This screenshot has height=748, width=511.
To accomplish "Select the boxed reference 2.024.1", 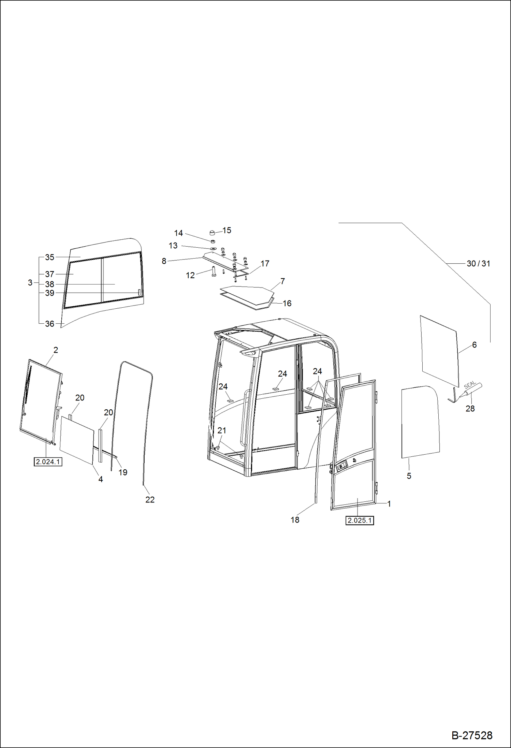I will click(48, 462).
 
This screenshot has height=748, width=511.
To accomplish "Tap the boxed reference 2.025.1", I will click(360, 520).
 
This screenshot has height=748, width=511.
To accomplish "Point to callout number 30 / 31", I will click(478, 264).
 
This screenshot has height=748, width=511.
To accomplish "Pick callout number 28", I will click(470, 408).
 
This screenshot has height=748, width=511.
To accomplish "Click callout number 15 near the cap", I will click(227, 230).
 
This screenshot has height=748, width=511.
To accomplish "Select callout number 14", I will click(178, 233).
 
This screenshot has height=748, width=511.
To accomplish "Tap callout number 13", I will click(173, 246).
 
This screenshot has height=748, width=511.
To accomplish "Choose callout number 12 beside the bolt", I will click(190, 275).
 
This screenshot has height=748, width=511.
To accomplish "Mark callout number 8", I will click(164, 261).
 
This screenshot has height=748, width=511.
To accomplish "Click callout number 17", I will click(265, 263).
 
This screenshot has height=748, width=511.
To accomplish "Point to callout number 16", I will click(287, 303).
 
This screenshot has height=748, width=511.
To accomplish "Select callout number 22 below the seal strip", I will click(150, 499).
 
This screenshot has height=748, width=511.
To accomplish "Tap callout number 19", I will click(123, 472).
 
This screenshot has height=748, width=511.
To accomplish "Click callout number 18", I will click(295, 519).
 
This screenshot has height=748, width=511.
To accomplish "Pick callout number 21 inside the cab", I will click(222, 430).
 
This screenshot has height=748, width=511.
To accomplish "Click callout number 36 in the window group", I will click(50, 323).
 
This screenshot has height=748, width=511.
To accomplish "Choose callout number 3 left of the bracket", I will click(30, 283).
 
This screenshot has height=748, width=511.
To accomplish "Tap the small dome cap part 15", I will click(213, 233).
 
